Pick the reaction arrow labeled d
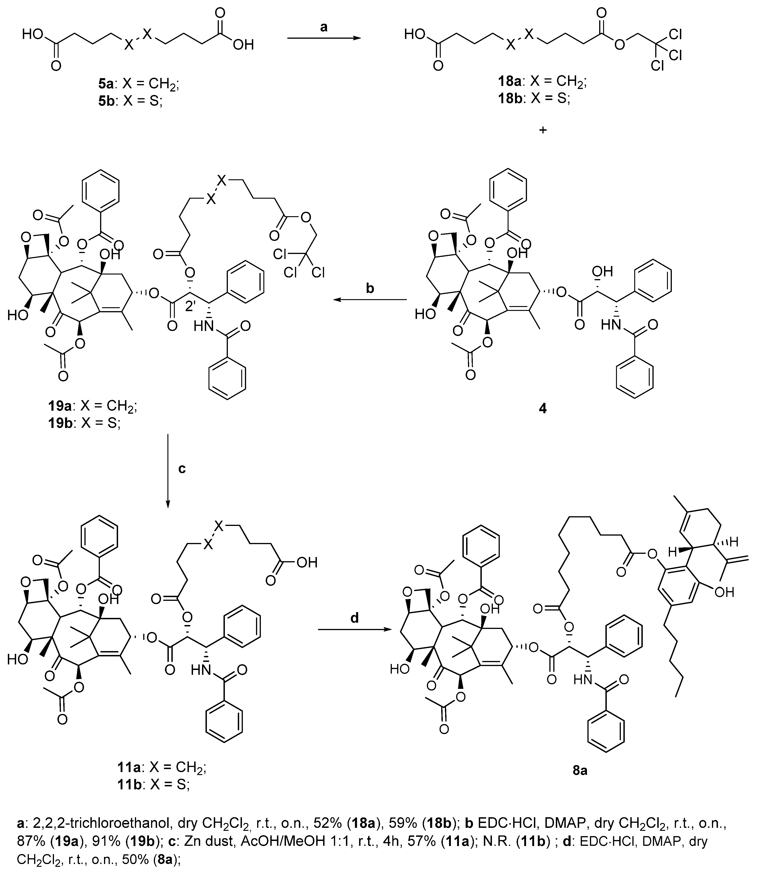[354, 630]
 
